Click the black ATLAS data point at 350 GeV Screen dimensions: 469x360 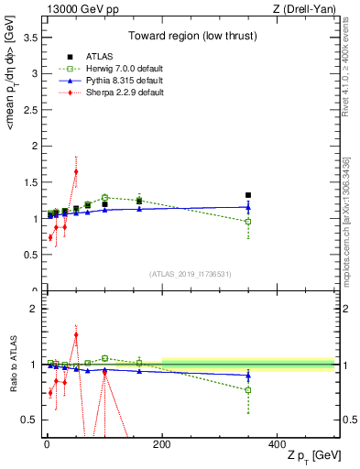[x=248, y=195]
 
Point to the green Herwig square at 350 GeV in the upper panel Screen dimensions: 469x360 [x=248, y=222]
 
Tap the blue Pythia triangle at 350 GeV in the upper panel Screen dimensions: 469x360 [x=248, y=207]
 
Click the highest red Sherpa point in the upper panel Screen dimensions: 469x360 [x=76, y=171]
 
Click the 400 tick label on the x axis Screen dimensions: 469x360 [x=277, y=445]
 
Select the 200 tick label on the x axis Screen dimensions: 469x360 [x=162, y=445]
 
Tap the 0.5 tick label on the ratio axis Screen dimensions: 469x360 [x=29, y=420]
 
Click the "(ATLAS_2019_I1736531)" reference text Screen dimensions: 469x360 [x=189, y=274]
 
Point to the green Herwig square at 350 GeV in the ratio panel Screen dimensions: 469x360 [x=248, y=390]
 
